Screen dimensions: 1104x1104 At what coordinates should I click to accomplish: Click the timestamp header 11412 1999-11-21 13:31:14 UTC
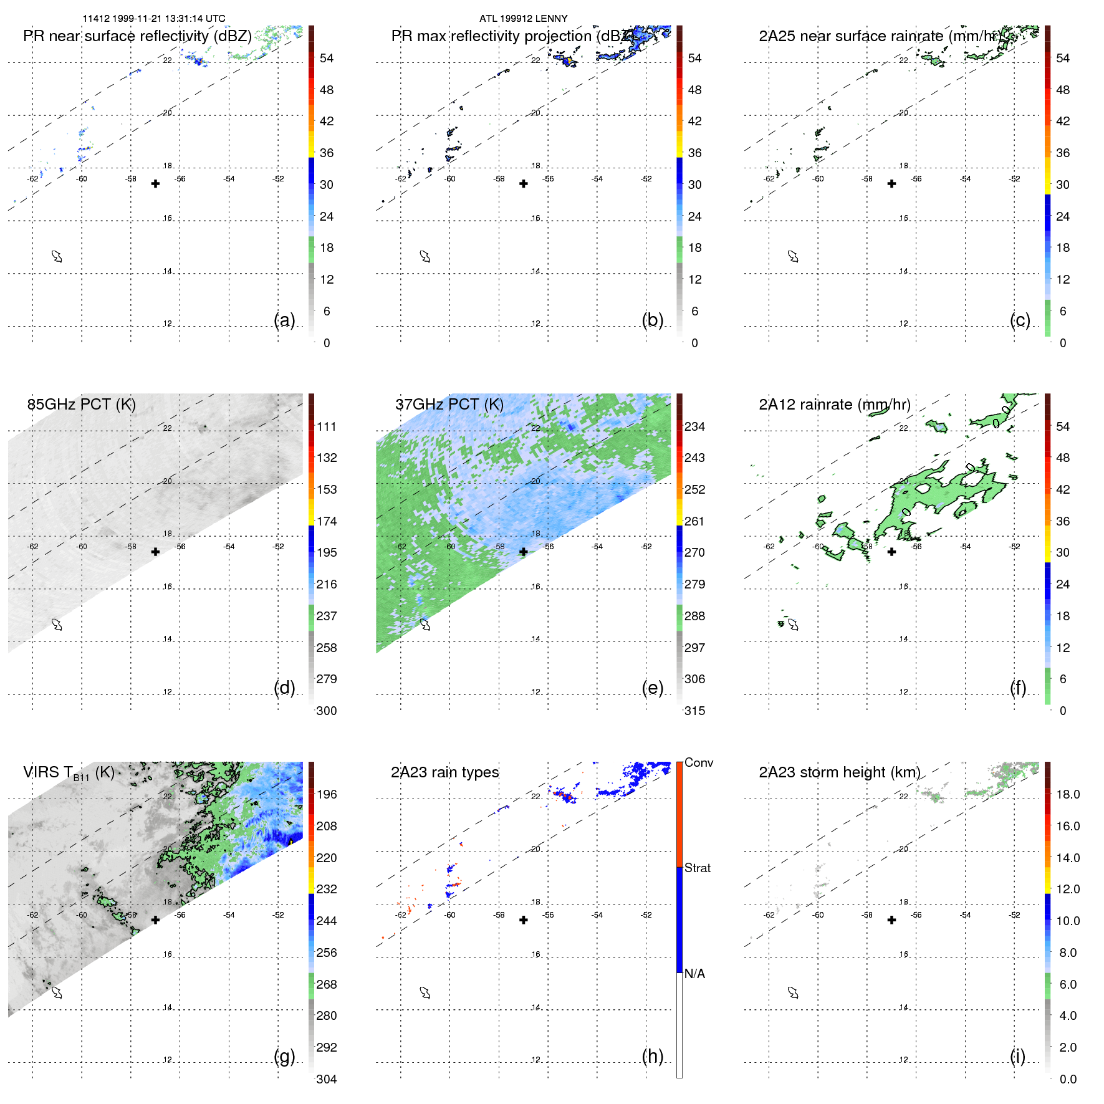[154, 19]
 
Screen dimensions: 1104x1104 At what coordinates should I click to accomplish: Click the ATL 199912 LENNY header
[523, 19]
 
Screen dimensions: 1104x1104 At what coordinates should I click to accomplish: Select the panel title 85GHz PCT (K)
[81, 405]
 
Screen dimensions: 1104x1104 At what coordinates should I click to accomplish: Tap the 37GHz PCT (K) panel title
[449, 405]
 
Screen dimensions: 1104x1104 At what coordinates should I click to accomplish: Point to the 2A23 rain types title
[444, 772]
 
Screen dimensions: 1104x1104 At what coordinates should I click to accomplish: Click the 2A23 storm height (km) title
[839, 772]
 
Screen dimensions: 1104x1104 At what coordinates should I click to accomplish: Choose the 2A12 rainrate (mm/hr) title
[834, 405]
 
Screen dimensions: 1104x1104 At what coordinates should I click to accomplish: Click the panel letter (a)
[284, 320]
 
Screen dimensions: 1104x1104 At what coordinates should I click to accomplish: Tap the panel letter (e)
[652, 688]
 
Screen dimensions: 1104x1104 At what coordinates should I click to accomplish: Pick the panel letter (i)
[1017, 1057]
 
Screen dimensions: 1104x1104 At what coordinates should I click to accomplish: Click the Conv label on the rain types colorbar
[698, 762]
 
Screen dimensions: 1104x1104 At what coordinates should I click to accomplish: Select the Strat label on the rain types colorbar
[697, 868]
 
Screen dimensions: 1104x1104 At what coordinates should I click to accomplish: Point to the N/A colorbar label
[694, 974]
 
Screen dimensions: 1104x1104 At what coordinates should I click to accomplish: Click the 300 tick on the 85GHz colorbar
[327, 711]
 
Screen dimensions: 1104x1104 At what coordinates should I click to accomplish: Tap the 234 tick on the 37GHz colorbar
[694, 426]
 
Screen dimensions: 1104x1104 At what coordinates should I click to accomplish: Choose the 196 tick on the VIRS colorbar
[327, 794]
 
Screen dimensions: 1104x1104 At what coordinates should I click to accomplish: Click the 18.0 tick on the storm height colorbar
[1067, 794]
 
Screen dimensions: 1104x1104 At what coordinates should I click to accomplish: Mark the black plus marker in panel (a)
[155, 184]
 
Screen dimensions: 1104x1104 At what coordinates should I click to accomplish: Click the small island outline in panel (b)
[425, 256]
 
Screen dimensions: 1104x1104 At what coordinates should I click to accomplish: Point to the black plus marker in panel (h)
[524, 920]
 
